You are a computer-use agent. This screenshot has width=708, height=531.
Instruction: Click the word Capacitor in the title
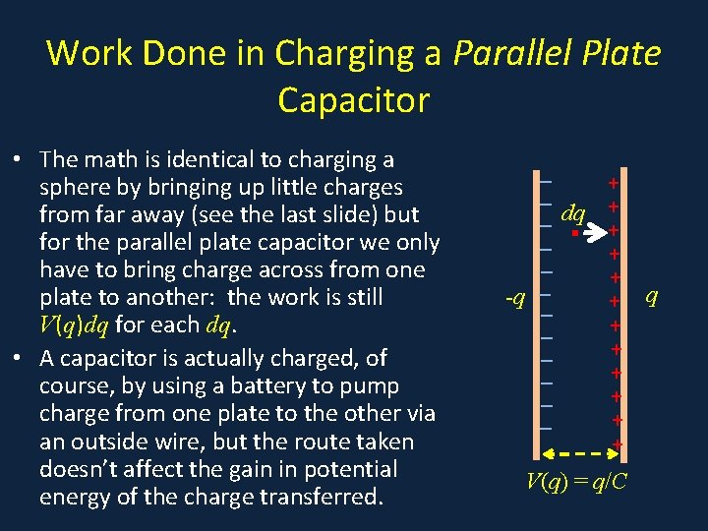point(354,99)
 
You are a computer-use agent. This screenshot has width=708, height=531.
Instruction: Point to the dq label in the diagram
point(572,212)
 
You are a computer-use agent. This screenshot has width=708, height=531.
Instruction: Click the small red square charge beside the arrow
point(572,234)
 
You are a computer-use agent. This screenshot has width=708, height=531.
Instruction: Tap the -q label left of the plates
point(514,296)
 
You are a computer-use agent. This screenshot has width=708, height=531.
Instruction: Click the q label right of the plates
point(651,295)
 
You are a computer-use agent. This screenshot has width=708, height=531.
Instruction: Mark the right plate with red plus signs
point(615,315)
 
